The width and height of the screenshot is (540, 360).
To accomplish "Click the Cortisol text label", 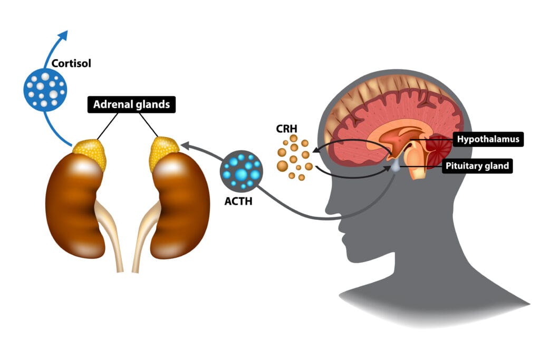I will [71, 64].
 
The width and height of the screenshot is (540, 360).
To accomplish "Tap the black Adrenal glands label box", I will [131, 104].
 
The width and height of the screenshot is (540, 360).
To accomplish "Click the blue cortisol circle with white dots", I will [45, 89].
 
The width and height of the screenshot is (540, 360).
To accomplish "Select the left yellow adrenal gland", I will [90, 153].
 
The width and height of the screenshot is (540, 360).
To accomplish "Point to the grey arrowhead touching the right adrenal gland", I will [185, 144].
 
